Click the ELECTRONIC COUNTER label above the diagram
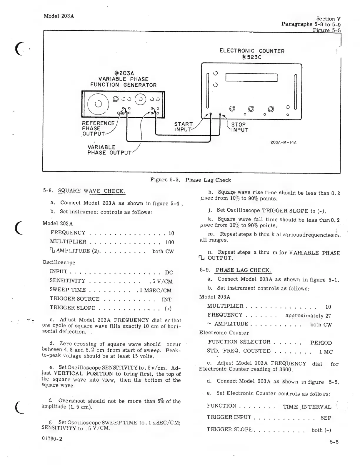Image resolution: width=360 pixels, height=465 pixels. point(252,51)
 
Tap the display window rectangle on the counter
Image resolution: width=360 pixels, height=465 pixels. point(251,77)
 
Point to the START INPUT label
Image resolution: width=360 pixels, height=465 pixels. point(183,127)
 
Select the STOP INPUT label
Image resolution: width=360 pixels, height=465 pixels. point(239,127)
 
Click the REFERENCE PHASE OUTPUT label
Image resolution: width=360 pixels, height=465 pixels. point(98,128)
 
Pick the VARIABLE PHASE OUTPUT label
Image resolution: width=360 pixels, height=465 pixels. point(109,150)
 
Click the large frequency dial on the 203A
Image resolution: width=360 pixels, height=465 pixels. point(98,104)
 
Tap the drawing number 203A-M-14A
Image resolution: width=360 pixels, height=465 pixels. point(283,142)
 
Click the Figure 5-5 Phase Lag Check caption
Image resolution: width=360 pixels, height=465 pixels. point(190,180)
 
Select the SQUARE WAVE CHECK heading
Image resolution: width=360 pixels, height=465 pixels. point(91,191)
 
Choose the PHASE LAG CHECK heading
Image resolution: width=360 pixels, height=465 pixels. point(243,270)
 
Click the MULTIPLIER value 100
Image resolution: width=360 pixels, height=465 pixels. point(170,242)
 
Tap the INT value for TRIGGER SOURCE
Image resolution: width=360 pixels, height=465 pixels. point(166,300)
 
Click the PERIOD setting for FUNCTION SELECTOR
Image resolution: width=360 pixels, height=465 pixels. point(321,343)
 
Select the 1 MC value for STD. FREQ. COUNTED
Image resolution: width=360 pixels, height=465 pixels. point(326,352)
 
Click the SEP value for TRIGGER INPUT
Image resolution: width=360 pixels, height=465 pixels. point(326,418)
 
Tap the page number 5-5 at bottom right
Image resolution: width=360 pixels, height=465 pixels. point(334,442)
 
